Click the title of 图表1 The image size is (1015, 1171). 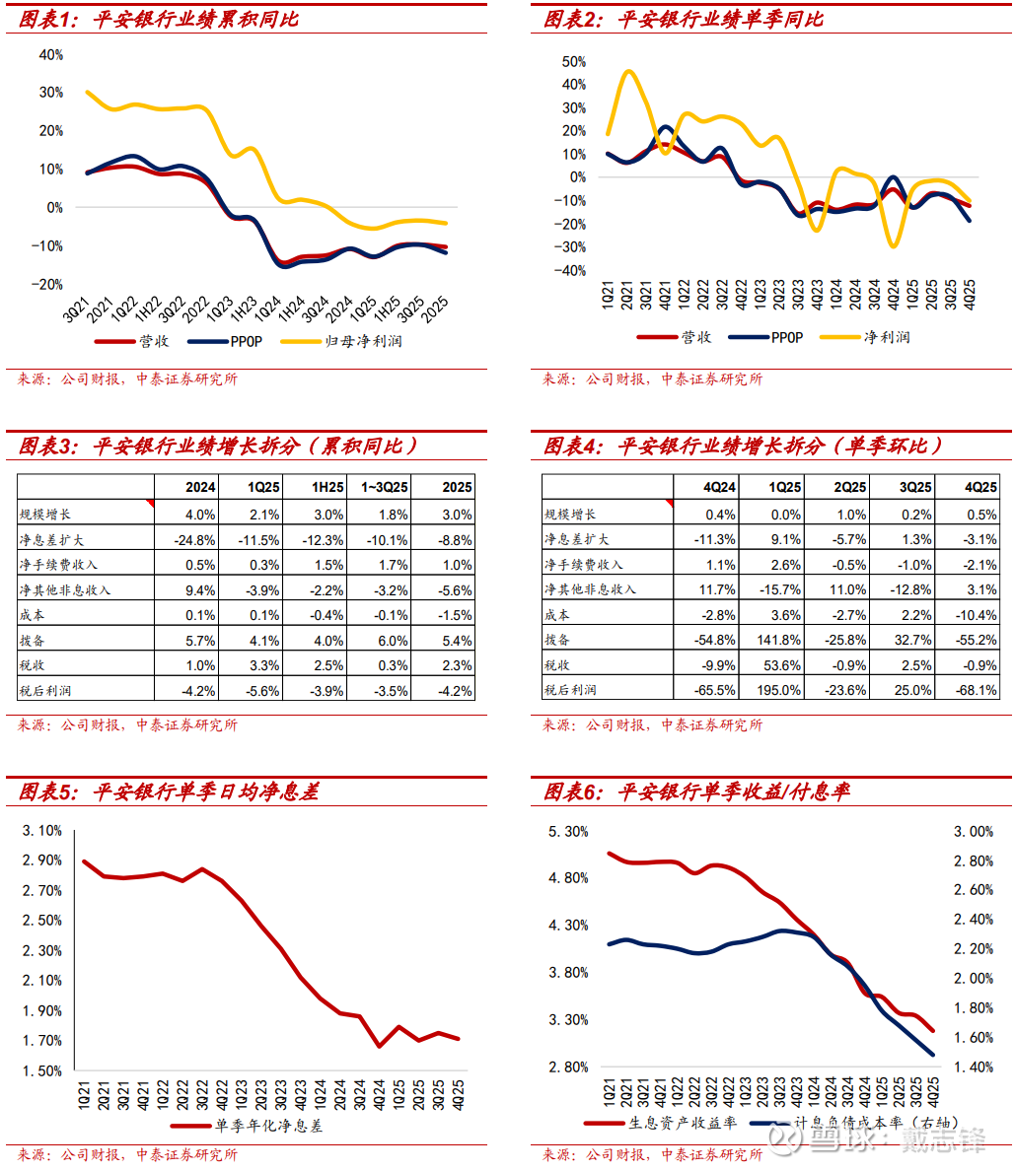tap(158, 19)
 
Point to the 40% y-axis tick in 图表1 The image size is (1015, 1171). tap(50, 55)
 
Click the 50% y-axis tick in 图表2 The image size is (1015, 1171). tap(573, 61)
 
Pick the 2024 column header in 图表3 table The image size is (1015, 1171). tap(200, 487)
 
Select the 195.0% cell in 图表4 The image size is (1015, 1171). tap(780, 690)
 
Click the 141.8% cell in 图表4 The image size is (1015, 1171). tap(780, 640)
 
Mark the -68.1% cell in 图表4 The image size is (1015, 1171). tap(977, 690)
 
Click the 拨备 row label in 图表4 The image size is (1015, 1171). tap(557, 640)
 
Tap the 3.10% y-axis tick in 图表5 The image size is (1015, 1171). tap(42, 831)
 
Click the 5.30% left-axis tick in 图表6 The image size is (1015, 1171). tap(568, 832)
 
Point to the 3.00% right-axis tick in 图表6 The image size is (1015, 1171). tap(974, 832)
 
